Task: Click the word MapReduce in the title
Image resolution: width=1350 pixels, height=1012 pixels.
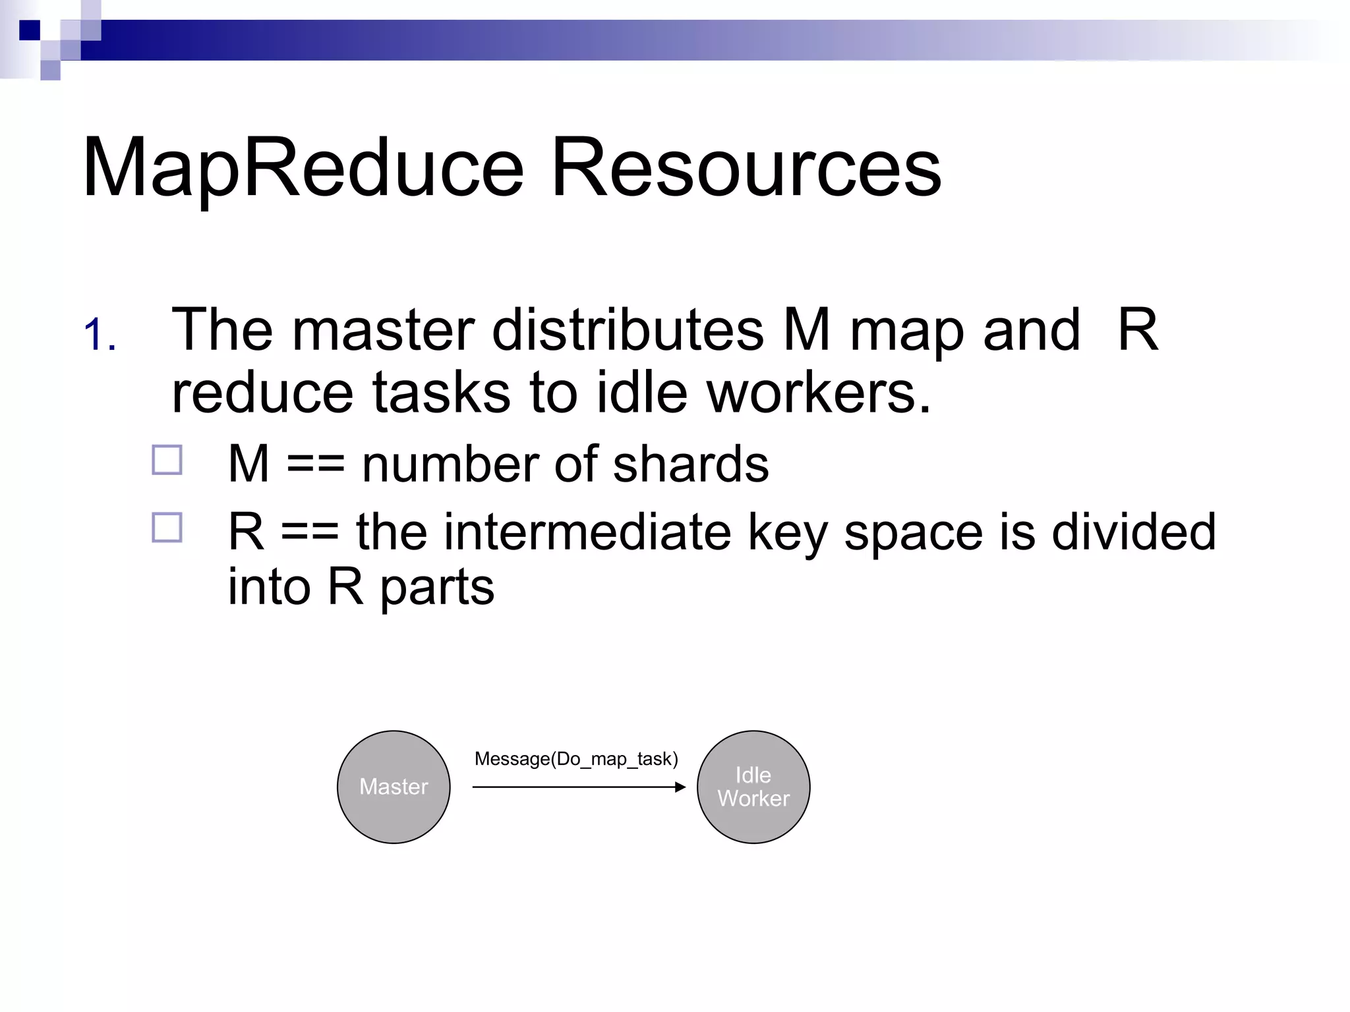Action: click(x=303, y=168)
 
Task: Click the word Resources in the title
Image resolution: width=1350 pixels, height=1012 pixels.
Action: click(x=746, y=168)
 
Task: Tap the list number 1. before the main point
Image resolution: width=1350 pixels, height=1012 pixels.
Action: click(x=100, y=335)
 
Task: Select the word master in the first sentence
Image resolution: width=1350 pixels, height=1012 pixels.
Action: click(x=383, y=330)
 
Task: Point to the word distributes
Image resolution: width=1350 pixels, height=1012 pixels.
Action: click(x=628, y=330)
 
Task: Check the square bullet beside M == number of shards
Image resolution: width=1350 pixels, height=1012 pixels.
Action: click(x=167, y=461)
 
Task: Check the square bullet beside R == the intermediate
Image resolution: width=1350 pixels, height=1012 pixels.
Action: click(x=167, y=528)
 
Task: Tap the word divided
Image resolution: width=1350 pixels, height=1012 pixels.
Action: click(x=1133, y=532)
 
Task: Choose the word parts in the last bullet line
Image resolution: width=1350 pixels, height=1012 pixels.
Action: click(x=437, y=587)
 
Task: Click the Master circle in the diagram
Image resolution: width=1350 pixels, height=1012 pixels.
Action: click(x=394, y=787)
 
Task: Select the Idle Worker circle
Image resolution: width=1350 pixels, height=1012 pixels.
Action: click(x=753, y=787)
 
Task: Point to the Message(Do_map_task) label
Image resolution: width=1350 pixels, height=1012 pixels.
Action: click(x=576, y=759)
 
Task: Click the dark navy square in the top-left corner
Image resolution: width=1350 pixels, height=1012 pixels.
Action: click(x=29, y=30)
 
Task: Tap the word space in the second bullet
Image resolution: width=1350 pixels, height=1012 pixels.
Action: click(x=913, y=532)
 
